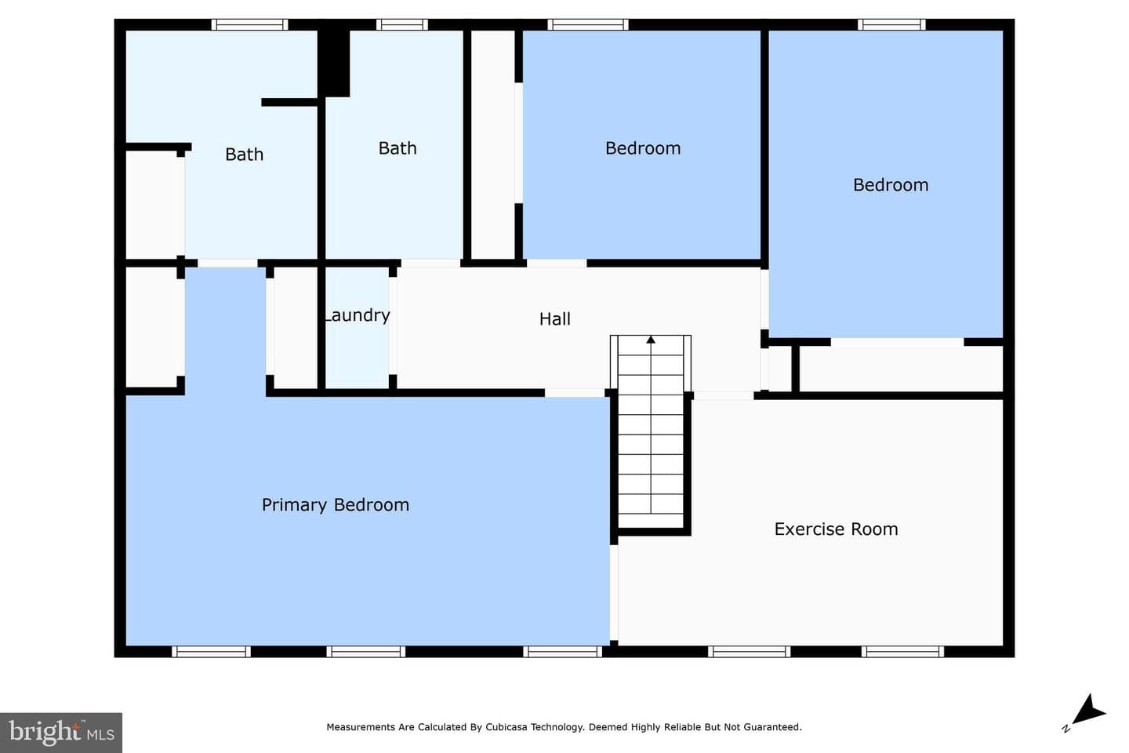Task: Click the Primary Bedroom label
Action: tap(336, 505)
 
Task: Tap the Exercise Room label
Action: tap(836, 529)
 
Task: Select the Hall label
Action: tap(555, 318)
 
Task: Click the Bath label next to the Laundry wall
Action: tap(398, 148)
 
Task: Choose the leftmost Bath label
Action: tap(245, 155)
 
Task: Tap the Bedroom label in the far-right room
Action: tap(891, 185)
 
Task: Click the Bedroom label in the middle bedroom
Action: tap(643, 148)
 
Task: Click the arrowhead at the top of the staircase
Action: tap(651, 340)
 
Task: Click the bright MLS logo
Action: tap(61, 733)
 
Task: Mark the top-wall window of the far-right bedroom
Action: tap(891, 25)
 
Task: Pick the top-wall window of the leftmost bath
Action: tap(249, 25)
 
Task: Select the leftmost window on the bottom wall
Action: tap(211, 652)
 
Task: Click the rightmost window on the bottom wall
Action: tap(902, 652)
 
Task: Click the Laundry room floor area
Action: tap(358, 348)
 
